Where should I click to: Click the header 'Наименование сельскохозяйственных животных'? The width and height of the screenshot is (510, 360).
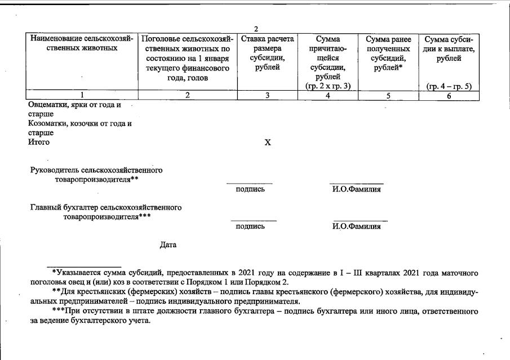pyautogui.click(x=82, y=44)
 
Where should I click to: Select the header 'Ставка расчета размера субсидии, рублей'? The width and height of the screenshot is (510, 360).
pyautogui.click(x=268, y=54)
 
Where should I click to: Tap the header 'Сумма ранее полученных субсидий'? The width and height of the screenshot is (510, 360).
pyautogui.click(x=388, y=54)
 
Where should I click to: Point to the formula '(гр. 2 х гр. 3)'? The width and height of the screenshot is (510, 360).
pyautogui.click(x=327, y=86)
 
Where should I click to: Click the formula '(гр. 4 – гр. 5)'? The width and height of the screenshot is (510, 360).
pyautogui.click(x=449, y=86)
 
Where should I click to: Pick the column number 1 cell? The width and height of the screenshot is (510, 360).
pyautogui.click(x=82, y=96)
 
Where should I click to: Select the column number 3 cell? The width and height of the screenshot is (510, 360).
pyautogui.click(x=268, y=96)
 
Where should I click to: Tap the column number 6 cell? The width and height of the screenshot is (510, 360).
pyautogui.click(x=449, y=96)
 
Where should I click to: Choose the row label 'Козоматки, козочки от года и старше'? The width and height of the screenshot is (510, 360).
pyautogui.click(x=80, y=128)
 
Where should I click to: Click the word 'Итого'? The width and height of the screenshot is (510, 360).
pyautogui.click(x=39, y=142)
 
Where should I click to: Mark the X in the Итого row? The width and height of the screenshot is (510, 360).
pyautogui.click(x=268, y=143)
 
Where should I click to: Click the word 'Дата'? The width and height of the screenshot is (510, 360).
pyautogui.click(x=168, y=245)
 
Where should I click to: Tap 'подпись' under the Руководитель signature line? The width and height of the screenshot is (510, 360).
pyautogui.click(x=250, y=189)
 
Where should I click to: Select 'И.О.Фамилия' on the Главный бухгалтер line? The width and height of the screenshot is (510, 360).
pyautogui.click(x=356, y=226)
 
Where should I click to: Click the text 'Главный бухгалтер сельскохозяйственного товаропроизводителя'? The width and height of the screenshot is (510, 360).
pyautogui.click(x=106, y=212)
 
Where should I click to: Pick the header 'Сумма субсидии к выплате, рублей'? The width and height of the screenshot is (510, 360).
pyautogui.click(x=449, y=49)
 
